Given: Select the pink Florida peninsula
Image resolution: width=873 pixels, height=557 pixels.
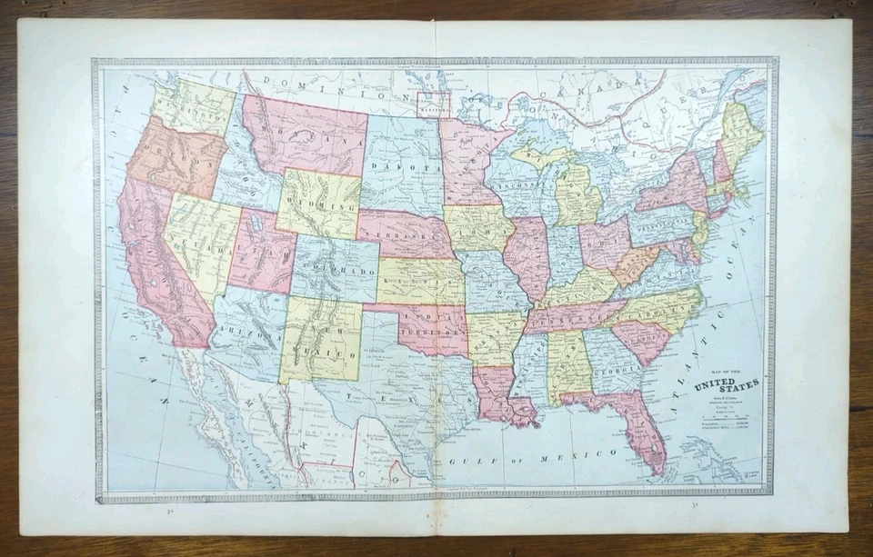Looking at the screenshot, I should (645, 436).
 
